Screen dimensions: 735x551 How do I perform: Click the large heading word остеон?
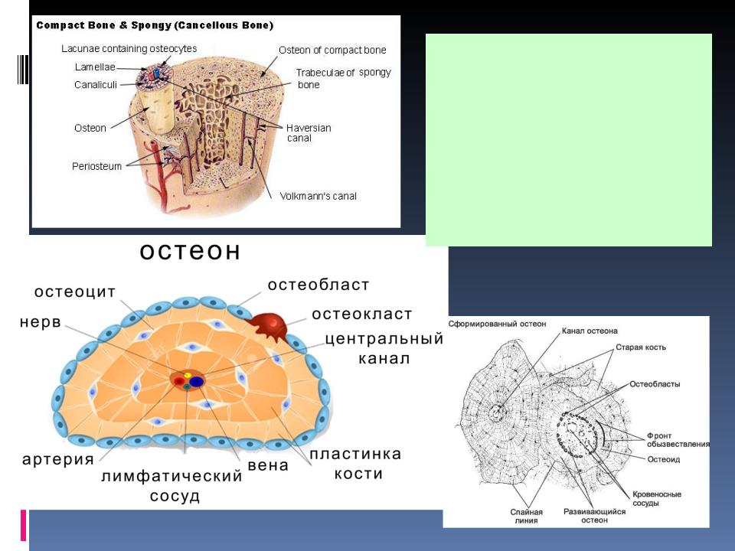[x=190, y=252]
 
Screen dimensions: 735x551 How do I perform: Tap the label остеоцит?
[x=75, y=292]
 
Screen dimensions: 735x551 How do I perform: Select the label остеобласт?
[x=318, y=285]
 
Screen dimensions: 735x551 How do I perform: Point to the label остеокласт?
[x=362, y=314]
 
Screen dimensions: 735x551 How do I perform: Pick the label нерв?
[x=41, y=322]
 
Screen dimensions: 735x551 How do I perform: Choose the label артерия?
[x=58, y=460]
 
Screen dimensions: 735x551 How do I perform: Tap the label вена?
[x=268, y=466]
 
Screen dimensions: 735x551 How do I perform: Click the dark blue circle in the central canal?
[x=197, y=381]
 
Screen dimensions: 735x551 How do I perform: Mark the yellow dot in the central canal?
[x=188, y=375]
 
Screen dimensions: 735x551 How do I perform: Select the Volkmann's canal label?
[x=318, y=197]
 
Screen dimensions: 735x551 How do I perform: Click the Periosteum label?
[x=96, y=166]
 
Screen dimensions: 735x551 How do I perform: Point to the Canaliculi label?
[x=96, y=85]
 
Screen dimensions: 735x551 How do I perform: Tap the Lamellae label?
[x=95, y=67]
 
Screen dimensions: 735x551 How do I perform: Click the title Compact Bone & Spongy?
[x=103, y=25]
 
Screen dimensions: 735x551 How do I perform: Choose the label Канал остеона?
[x=590, y=331]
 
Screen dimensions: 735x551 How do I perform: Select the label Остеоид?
[x=663, y=459]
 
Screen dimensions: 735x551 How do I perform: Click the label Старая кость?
[x=640, y=347]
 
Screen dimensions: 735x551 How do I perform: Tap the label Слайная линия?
[x=527, y=516]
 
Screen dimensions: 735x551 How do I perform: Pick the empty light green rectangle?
[x=569, y=139]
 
